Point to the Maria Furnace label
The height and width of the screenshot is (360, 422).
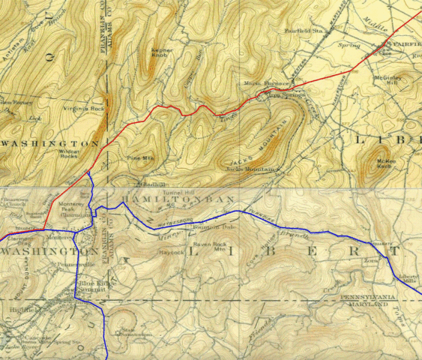(x=258, y=84)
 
